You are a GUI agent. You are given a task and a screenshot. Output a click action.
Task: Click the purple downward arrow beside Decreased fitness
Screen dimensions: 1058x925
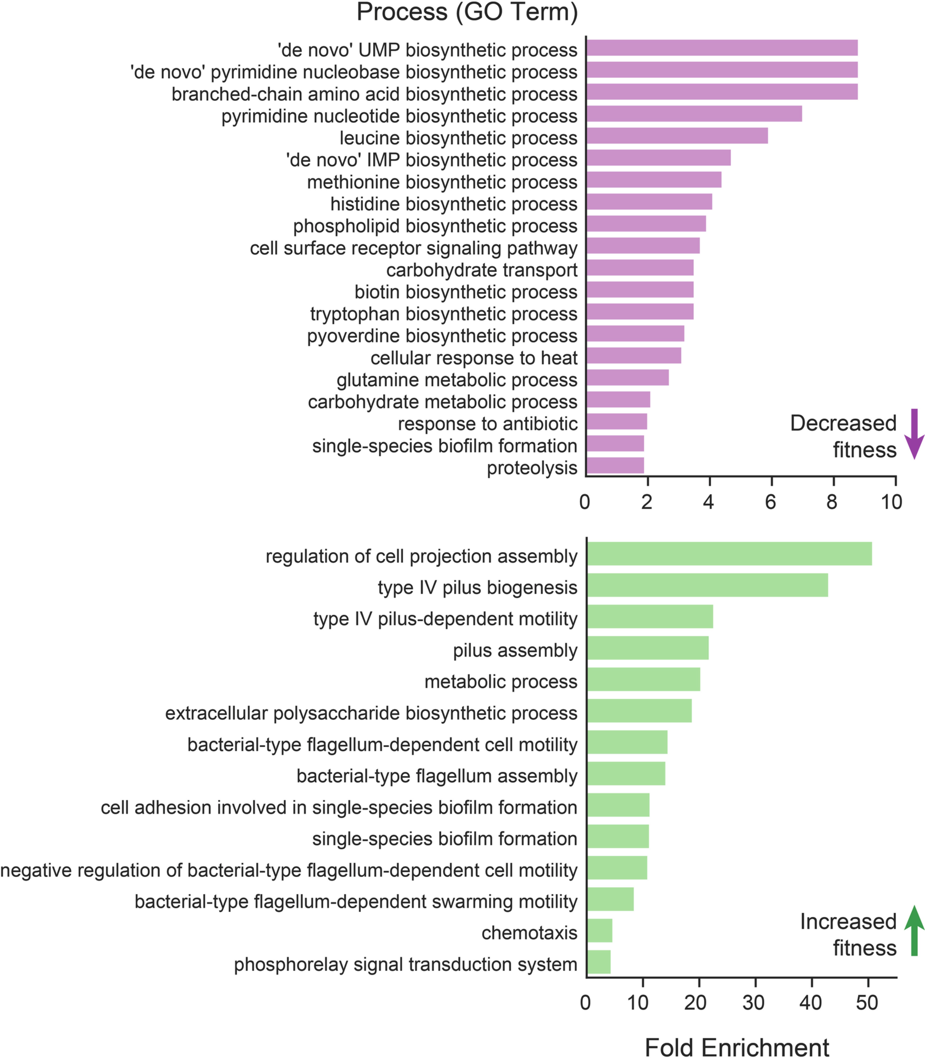click(x=914, y=434)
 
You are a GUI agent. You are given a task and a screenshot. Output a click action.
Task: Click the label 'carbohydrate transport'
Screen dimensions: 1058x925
click(x=482, y=270)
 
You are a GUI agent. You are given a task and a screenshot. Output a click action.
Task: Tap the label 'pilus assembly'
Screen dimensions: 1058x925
click(x=515, y=650)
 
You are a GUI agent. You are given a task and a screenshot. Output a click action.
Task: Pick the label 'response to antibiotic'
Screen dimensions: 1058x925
click(x=487, y=424)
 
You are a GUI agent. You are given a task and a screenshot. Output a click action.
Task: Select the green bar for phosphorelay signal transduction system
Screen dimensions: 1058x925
click(x=599, y=962)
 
